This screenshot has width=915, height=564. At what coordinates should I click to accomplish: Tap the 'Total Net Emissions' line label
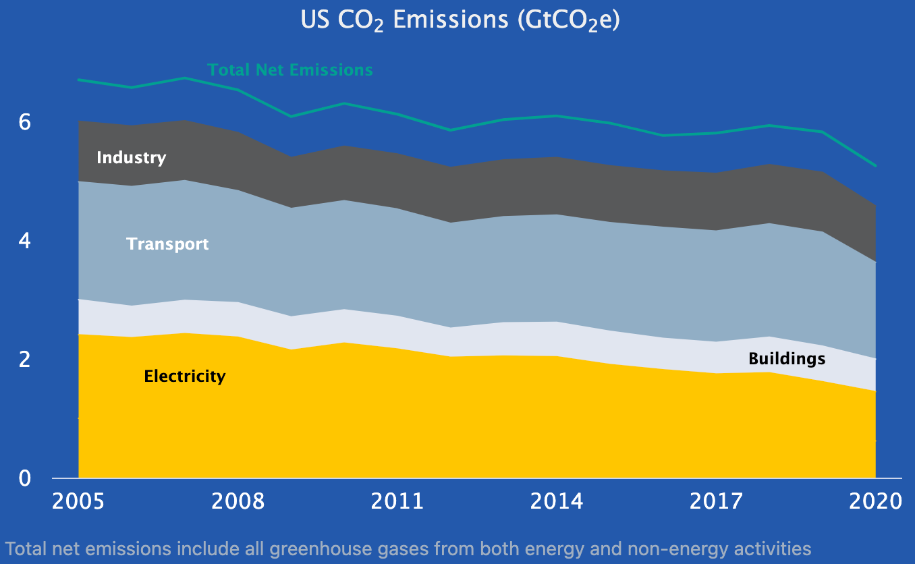tap(290, 70)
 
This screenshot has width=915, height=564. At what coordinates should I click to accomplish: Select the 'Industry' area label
tap(131, 158)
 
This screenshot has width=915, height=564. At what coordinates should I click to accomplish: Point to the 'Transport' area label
tap(167, 244)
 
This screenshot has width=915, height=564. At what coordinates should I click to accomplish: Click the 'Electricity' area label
tap(185, 376)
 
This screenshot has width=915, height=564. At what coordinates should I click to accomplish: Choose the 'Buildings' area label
tap(787, 358)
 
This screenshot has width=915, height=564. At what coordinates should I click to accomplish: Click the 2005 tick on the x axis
tap(78, 502)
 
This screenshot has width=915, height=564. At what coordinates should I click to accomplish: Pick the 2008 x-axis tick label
tap(238, 502)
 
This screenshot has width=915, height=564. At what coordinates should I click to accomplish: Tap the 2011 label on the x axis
tap(397, 502)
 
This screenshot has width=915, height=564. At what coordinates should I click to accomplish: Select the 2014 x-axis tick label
tap(557, 502)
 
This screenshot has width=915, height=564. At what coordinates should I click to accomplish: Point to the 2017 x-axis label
tap(716, 502)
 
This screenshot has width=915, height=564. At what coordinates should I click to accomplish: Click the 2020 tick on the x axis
tap(875, 502)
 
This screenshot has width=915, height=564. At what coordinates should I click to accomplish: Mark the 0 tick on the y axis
tap(25, 478)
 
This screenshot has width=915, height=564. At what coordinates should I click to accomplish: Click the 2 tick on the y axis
tap(25, 359)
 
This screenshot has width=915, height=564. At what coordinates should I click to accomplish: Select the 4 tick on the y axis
tap(25, 241)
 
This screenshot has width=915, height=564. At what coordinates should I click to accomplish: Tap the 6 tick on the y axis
tap(25, 122)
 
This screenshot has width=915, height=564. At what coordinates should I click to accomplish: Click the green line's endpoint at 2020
tap(875, 165)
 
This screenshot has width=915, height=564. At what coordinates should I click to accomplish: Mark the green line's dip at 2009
tap(291, 117)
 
